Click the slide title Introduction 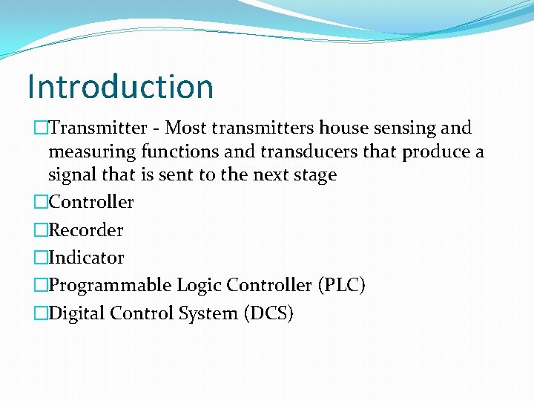[120, 86]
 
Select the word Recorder [86, 230]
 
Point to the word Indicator [86, 258]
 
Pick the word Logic [199, 286]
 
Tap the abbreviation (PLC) [340, 285]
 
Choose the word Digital [76, 313]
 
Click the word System [208, 313]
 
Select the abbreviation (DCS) [268, 313]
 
